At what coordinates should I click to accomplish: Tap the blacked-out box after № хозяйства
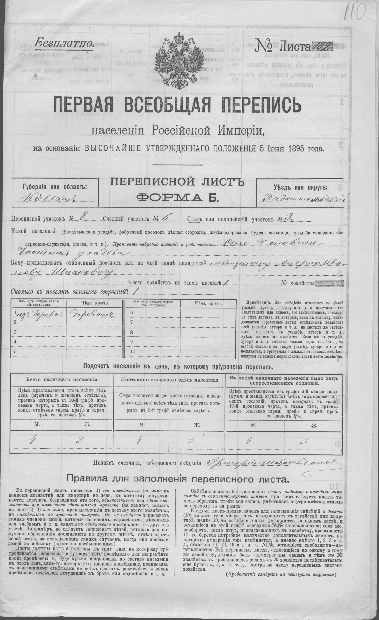pyautogui.click(x=329, y=284)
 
